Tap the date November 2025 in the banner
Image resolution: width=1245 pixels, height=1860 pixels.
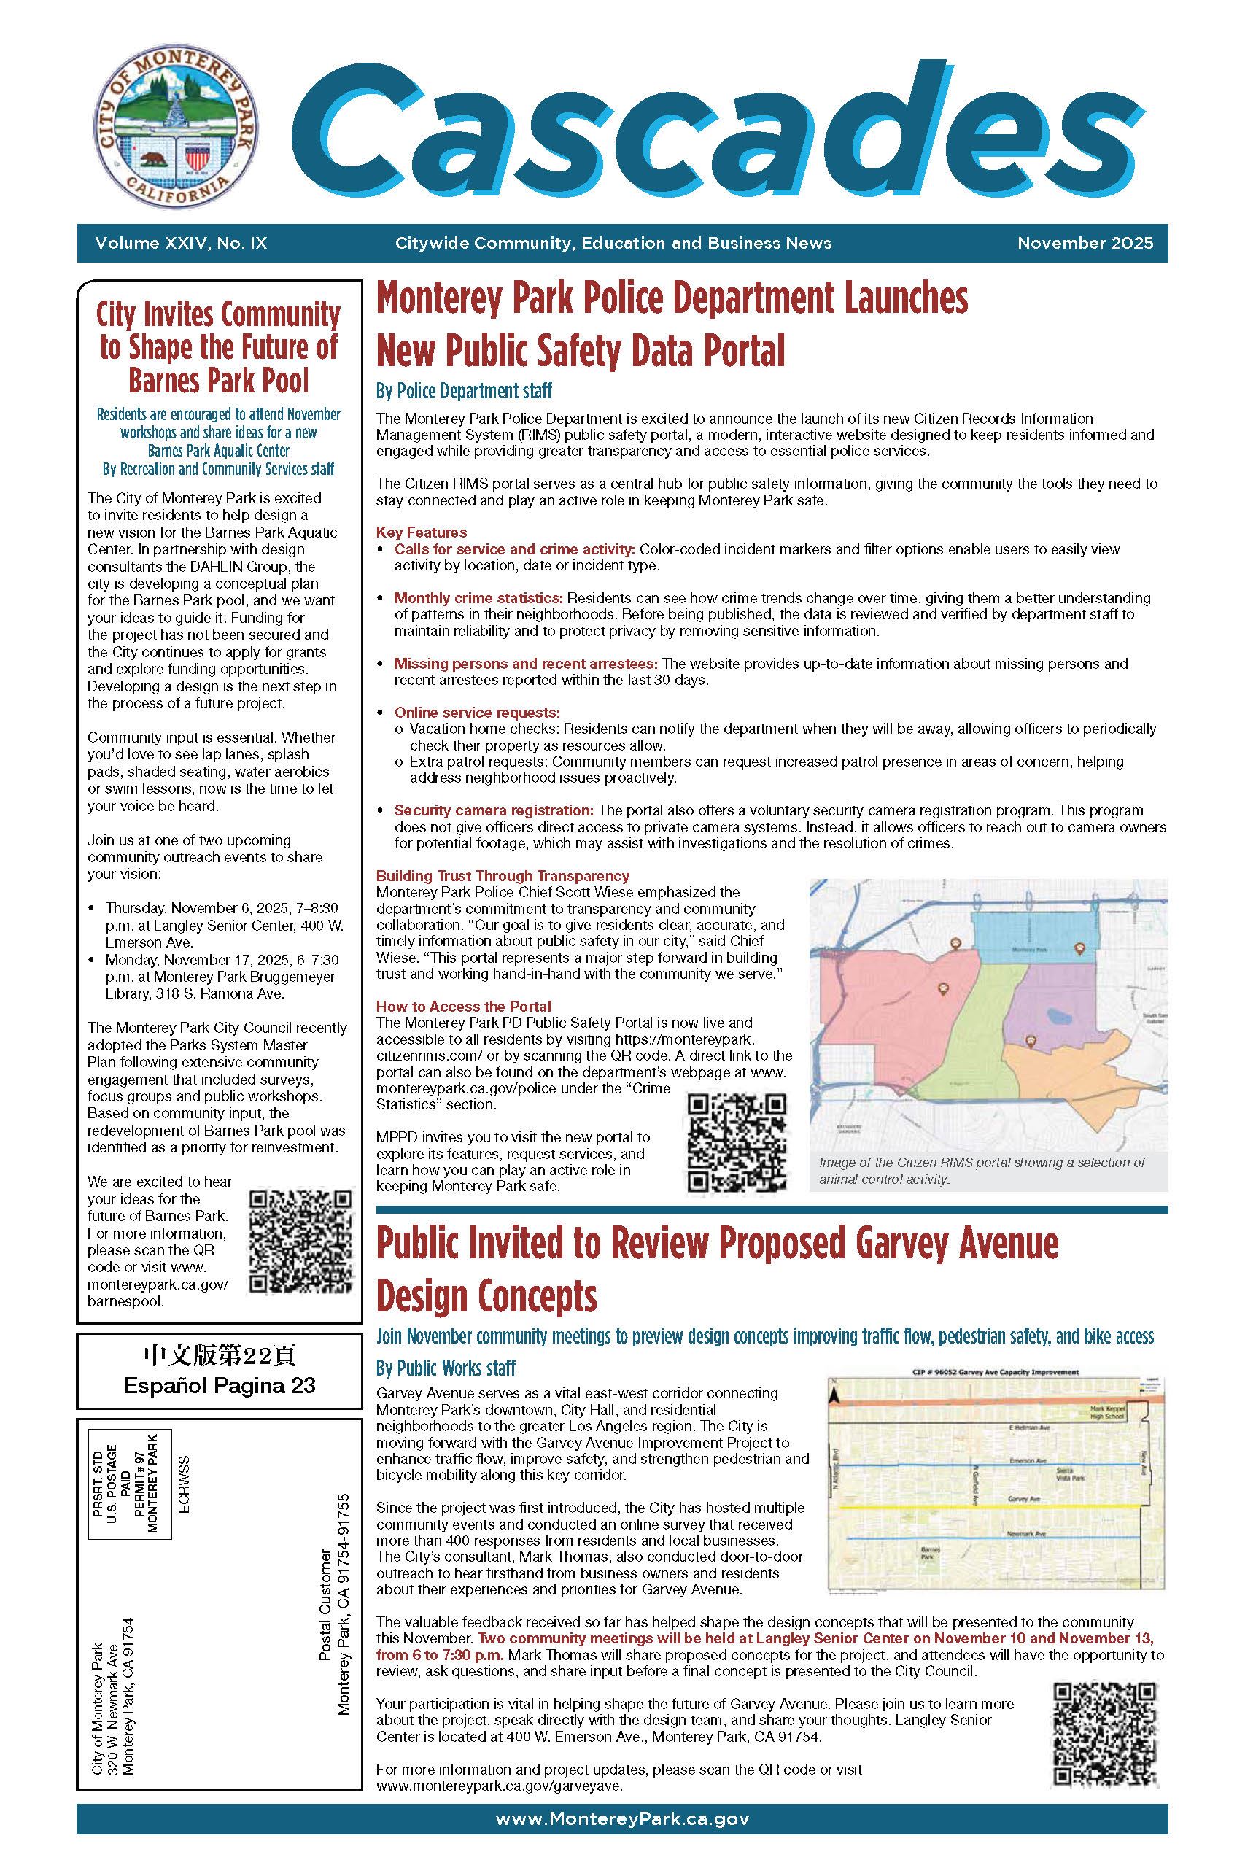click(x=1085, y=243)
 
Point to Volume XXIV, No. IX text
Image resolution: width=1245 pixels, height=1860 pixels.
click(x=181, y=243)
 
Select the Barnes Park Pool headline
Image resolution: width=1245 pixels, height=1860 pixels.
click(x=217, y=348)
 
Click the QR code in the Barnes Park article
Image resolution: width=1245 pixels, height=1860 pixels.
click(x=300, y=1240)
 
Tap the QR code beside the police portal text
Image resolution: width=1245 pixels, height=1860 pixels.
click(x=737, y=1143)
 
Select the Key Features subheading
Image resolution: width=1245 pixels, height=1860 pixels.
click(x=421, y=532)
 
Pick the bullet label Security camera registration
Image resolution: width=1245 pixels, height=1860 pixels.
click(x=494, y=810)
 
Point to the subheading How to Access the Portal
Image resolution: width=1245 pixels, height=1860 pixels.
click(x=463, y=1007)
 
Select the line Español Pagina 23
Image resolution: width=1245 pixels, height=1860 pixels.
click(x=219, y=1385)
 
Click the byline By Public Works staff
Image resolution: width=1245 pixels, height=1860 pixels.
click(x=446, y=1368)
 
